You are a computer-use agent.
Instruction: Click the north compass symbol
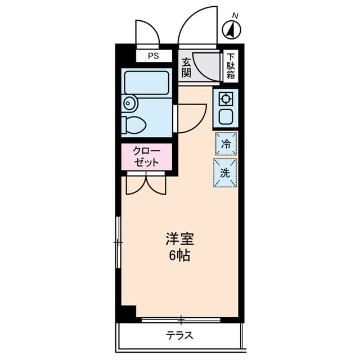232,28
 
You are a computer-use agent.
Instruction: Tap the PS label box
153,56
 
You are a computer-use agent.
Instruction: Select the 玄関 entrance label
186,67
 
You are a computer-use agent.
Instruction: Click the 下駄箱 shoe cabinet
231,66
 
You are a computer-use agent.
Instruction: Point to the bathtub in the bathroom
146,82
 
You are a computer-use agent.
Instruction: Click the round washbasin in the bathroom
130,103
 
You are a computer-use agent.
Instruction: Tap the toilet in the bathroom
133,124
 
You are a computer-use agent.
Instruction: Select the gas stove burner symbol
226,99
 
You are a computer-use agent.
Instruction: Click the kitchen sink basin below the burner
226,117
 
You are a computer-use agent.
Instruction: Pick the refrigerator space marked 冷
226,143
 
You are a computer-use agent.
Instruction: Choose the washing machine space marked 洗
225,173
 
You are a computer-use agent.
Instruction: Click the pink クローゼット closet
146,157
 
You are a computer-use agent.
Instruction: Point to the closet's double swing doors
146,184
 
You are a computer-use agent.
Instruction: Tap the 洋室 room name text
179,239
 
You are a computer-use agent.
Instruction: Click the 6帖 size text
179,255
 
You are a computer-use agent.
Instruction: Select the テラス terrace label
179,336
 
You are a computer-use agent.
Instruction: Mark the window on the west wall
118,242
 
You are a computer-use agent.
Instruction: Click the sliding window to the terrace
181,320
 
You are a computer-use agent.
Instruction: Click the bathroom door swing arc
191,118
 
